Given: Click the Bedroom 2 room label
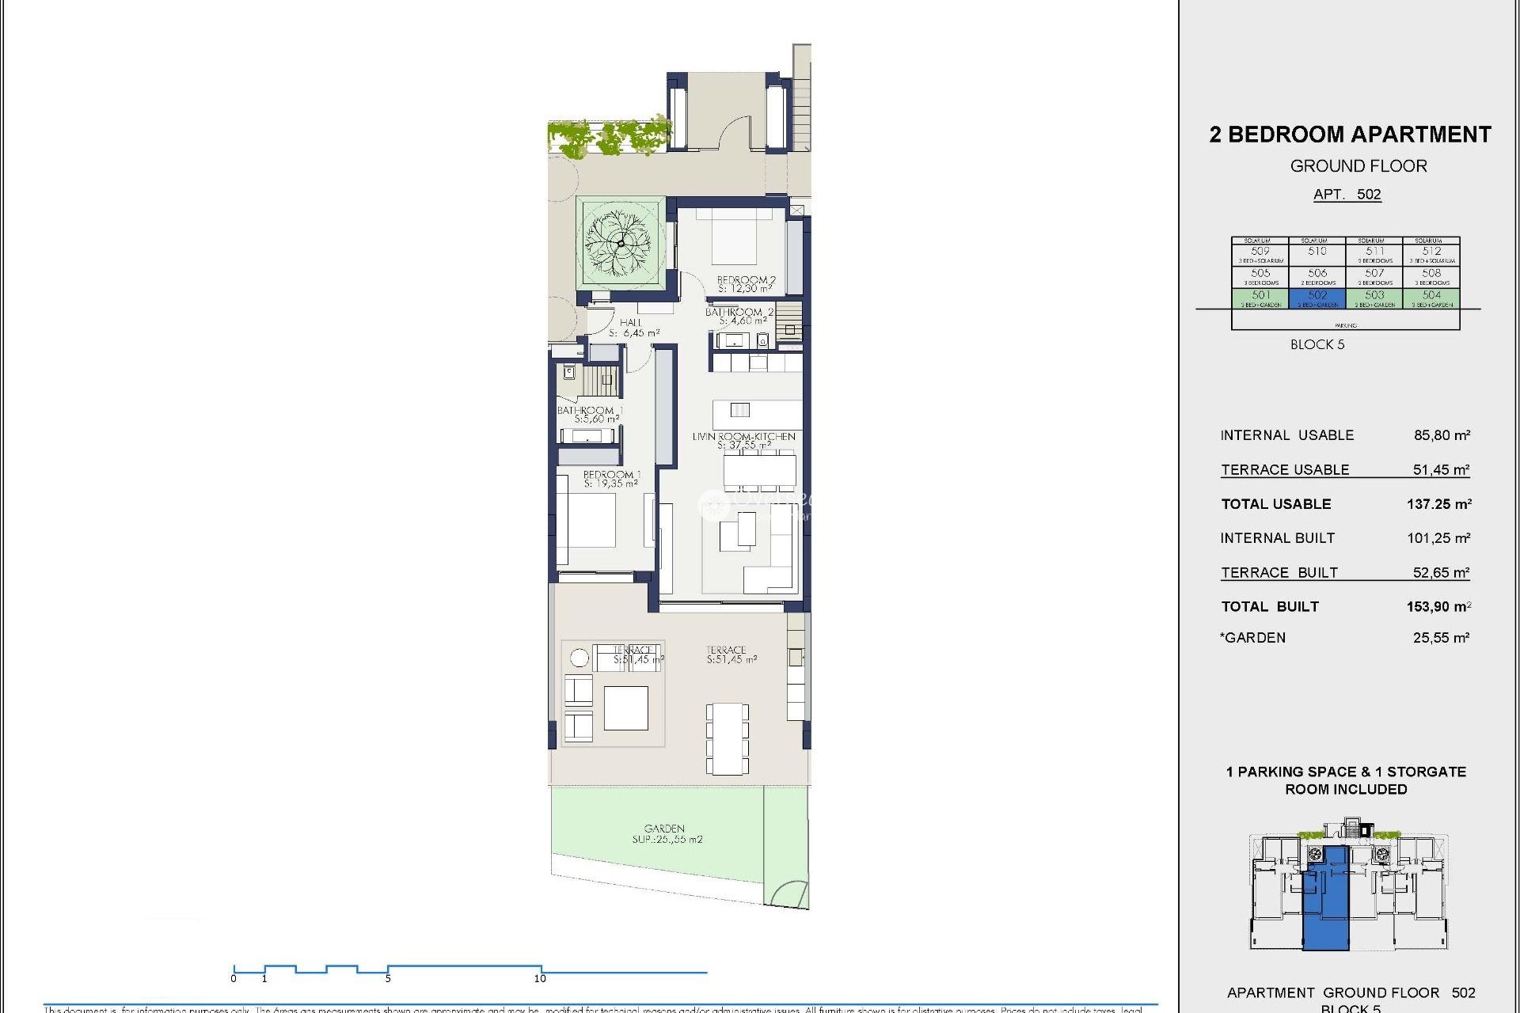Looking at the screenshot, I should pyautogui.click(x=746, y=284).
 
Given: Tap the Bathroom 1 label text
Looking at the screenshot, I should pyautogui.click(x=590, y=414).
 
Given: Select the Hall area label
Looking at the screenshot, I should pyautogui.click(x=633, y=328).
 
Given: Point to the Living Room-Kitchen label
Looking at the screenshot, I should pyautogui.click(x=743, y=440).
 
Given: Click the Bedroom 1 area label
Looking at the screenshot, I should pyautogui.click(x=611, y=479).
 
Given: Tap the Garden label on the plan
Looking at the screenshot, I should pyautogui.click(x=666, y=833).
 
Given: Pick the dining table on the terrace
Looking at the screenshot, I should pyautogui.click(x=727, y=738).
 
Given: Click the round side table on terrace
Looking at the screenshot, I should pyautogui.click(x=579, y=658).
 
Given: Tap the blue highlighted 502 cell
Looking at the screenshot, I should pyautogui.click(x=1317, y=298).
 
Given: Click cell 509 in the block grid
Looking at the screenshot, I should pyautogui.click(x=1260, y=252).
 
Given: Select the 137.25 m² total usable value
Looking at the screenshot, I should pyautogui.click(x=1438, y=504).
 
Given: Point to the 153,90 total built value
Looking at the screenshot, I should pyautogui.click(x=1438, y=607).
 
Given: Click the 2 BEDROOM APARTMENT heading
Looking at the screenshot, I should pyautogui.click(x=1350, y=135).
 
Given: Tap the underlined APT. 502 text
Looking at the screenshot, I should pyautogui.click(x=1347, y=195).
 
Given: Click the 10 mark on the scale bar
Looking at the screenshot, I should pyautogui.click(x=541, y=978).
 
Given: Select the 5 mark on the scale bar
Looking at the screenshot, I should pyautogui.click(x=388, y=978).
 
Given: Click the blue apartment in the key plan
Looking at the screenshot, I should pyautogui.click(x=1326, y=902).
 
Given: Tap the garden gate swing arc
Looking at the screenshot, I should pyautogui.click(x=788, y=894).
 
